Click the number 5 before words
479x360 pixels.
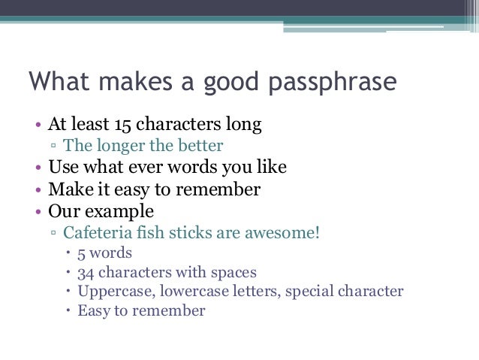click(82, 252)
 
